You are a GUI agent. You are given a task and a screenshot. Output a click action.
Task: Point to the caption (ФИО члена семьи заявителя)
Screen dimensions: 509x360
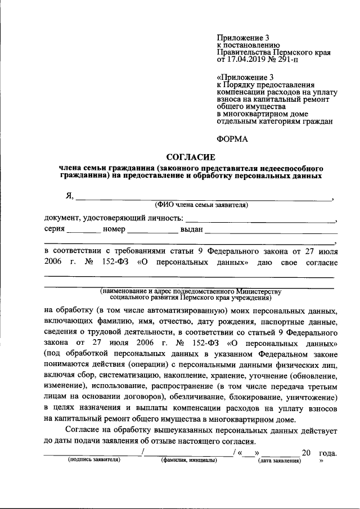point(202,205)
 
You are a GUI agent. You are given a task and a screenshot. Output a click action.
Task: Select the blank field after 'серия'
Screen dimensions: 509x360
point(82,232)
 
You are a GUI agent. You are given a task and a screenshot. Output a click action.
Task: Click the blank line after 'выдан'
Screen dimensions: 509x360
point(271,232)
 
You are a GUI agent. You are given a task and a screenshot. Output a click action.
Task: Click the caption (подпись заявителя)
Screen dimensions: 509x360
point(94,460)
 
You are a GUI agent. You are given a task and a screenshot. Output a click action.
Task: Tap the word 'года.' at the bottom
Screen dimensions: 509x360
point(327,453)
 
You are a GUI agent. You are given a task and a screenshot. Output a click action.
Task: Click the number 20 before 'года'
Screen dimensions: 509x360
point(306,453)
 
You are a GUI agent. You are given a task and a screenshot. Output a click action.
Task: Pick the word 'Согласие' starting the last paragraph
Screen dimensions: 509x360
point(76,430)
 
